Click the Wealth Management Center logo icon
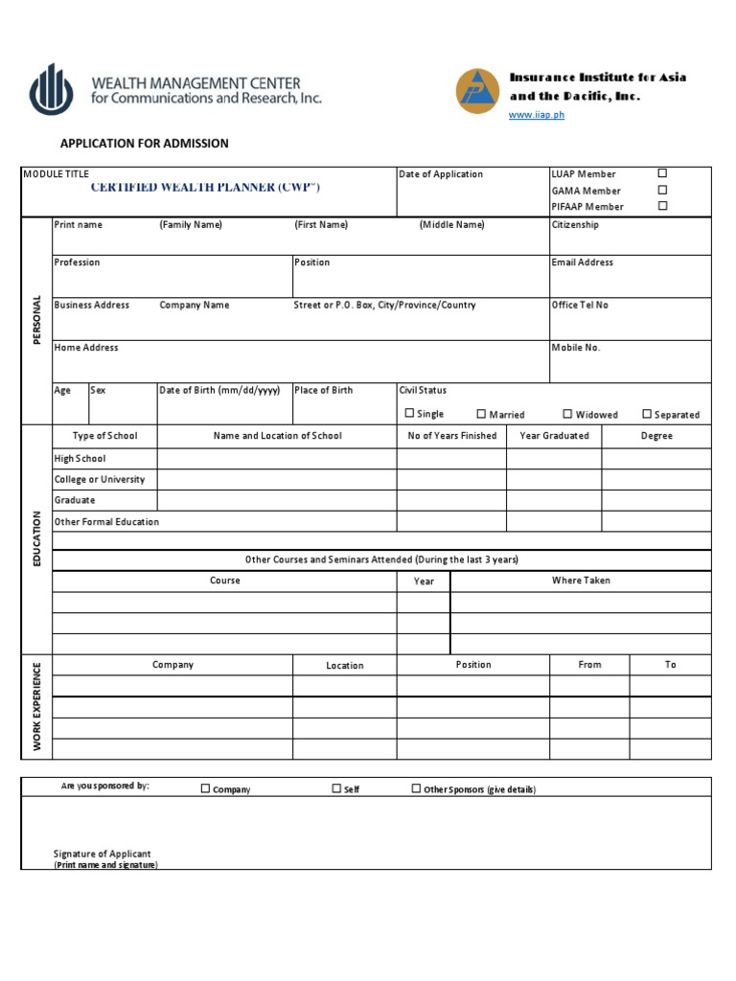pos(51,89)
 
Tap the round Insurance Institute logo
pos(477,91)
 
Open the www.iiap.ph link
pos(537,115)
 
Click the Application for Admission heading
pos(145,144)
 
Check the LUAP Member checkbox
pos(661,173)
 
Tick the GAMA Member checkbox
pos(661,190)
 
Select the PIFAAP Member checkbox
pos(661,206)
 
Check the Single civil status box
pos(409,414)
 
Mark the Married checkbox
pos(481,414)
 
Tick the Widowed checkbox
pos(567,414)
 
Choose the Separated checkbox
pos(647,414)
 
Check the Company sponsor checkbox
pos(205,788)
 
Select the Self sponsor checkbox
pos(336,788)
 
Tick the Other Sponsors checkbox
pos(416,788)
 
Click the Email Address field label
pos(582,262)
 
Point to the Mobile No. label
pos(575,348)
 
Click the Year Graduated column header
pos(554,436)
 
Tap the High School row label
pos(80,459)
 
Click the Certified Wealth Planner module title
pos(205,188)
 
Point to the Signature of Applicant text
pos(103,854)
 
